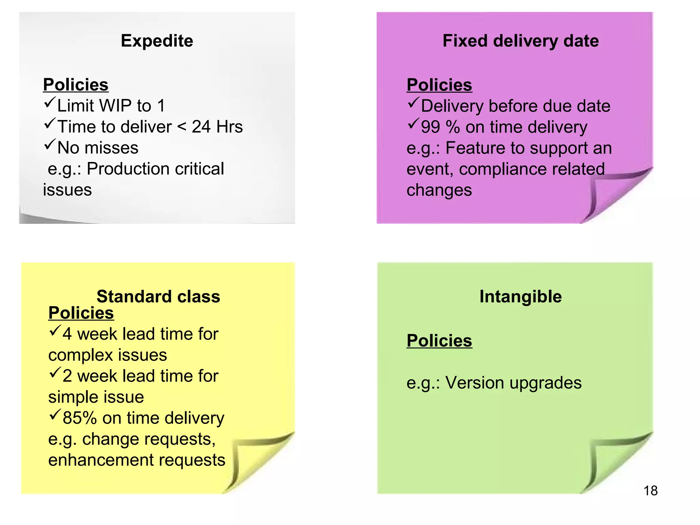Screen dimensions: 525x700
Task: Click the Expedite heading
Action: tap(157, 41)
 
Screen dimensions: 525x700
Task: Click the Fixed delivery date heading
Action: tap(520, 41)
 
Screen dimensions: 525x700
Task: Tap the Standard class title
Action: tap(158, 296)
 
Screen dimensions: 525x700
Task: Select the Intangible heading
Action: tap(520, 296)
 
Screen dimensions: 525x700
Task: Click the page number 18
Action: tap(650, 491)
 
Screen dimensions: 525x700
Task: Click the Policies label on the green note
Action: tap(439, 341)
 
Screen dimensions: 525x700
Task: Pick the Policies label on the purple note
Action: tap(439, 85)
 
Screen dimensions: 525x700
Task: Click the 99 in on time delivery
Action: tap(430, 127)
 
